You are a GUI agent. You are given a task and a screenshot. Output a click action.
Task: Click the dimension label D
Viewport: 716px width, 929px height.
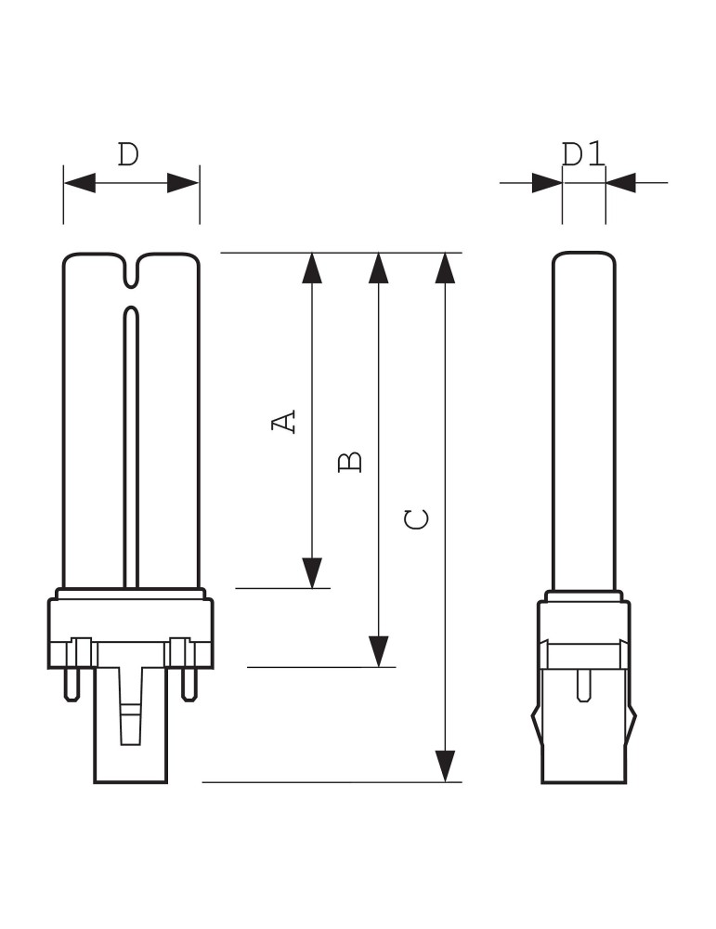[x=128, y=154]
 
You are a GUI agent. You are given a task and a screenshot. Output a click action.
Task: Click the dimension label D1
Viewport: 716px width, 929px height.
[x=583, y=154]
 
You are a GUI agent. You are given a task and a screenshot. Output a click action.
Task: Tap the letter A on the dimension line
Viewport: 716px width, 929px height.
[x=285, y=421]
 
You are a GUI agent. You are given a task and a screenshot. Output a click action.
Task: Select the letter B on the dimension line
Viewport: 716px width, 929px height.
[x=350, y=461]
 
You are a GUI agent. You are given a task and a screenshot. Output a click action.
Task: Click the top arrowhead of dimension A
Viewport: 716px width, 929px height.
[x=312, y=268]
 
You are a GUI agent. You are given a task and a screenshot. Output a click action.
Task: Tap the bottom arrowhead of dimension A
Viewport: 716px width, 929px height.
[x=312, y=572]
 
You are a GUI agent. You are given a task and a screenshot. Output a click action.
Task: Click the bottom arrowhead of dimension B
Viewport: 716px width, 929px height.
[x=378, y=650]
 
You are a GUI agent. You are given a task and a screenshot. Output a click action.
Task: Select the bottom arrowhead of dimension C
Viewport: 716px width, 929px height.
[x=447, y=765]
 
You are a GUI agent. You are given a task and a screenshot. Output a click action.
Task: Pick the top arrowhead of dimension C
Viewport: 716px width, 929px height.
[x=447, y=268]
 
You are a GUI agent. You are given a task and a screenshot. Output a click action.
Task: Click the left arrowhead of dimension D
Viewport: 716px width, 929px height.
[x=80, y=183]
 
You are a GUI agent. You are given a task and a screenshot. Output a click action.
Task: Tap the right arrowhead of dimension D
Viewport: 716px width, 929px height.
[x=183, y=183]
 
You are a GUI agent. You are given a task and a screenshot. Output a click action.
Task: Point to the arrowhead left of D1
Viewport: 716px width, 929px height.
[x=547, y=183]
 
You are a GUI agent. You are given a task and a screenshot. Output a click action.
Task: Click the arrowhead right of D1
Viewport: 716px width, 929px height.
[x=621, y=183]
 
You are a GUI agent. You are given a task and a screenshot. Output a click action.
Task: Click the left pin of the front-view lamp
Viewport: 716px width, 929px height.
[x=71, y=684]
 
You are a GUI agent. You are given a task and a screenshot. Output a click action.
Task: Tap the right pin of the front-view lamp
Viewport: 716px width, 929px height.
[x=189, y=684]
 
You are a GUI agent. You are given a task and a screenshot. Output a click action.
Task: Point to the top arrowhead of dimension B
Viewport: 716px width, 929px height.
[x=378, y=268]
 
